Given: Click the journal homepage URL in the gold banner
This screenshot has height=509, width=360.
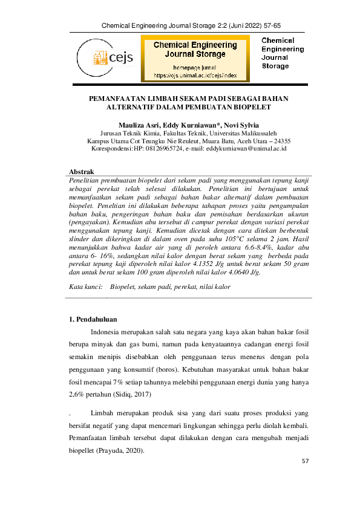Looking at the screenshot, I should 195,76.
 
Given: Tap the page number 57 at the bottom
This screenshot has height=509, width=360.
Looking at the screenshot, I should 306,462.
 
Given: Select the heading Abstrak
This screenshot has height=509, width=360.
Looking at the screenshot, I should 82,172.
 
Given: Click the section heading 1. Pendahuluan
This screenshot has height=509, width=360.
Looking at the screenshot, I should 93,319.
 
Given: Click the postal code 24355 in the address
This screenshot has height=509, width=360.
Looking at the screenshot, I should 279,140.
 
